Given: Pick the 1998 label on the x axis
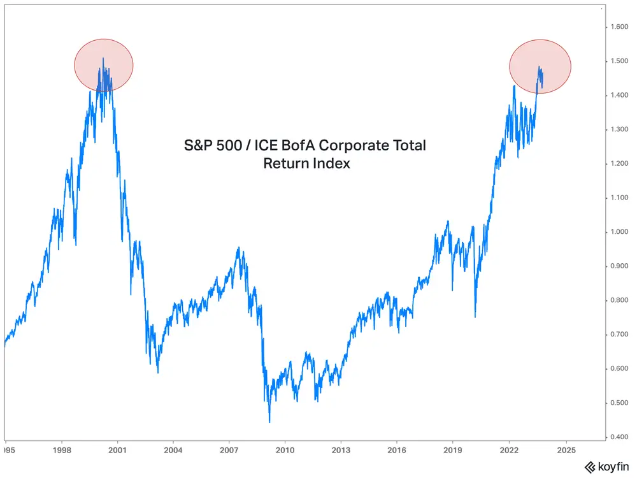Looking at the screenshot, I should (62, 450).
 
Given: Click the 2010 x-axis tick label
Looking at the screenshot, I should (285, 450).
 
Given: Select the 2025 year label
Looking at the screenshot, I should (566, 450).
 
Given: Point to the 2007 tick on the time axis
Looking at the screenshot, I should (229, 450).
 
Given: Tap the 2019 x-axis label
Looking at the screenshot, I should (453, 450).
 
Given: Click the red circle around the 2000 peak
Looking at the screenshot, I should (104, 65).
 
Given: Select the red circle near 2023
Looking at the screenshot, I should (540, 66).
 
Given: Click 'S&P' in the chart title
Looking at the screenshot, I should (197, 146).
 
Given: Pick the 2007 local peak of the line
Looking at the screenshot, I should (239, 248).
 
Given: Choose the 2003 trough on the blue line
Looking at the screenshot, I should (157, 373).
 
